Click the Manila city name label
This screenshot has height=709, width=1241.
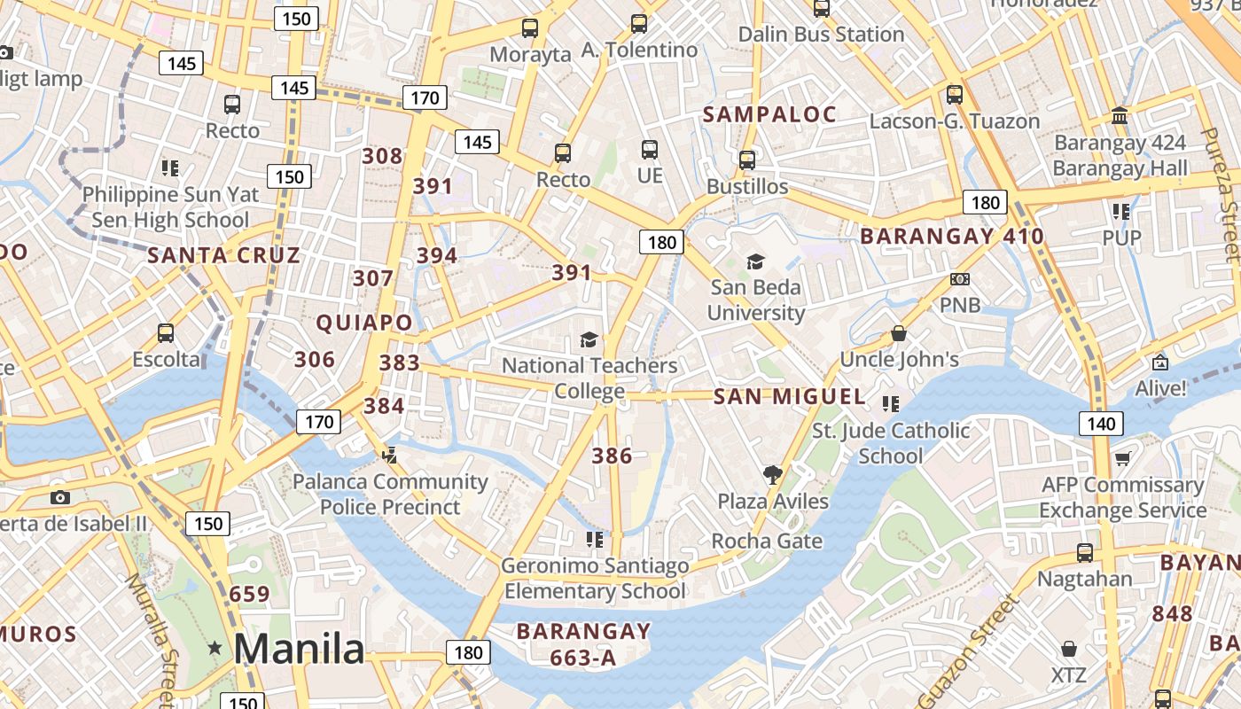click(x=299, y=649)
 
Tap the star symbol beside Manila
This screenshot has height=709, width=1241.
click(x=215, y=649)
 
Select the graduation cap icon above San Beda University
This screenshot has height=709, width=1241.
click(x=755, y=261)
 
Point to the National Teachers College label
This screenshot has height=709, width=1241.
click(x=589, y=378)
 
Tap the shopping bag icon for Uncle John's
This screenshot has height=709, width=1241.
click(x=899, y=334)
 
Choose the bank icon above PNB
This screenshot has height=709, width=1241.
click(x=959, y=279)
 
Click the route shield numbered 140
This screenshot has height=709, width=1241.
click(x=1100, y=424)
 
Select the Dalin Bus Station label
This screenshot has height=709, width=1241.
click(x=821, y=35)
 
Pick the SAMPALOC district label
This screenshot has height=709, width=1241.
click(x=769, y=114)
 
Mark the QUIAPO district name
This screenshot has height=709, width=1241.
click(x=365, y=323)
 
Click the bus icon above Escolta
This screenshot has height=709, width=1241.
click(x=166, y=333)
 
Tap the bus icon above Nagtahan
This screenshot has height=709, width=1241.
click(x=1084, y=553)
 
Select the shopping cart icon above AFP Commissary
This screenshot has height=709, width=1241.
click(x=1122, y=458)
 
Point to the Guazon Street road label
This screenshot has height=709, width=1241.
click(x=969, y=651)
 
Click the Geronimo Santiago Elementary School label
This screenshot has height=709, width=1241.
click(x=595, y=578)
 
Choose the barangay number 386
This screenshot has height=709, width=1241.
click(x=612, y=456)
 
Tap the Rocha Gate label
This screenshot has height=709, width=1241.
click(x=767, y=541)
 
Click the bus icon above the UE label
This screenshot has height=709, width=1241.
click(x=650, y=150)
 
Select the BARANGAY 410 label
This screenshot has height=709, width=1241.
click(x=952, y=237)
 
